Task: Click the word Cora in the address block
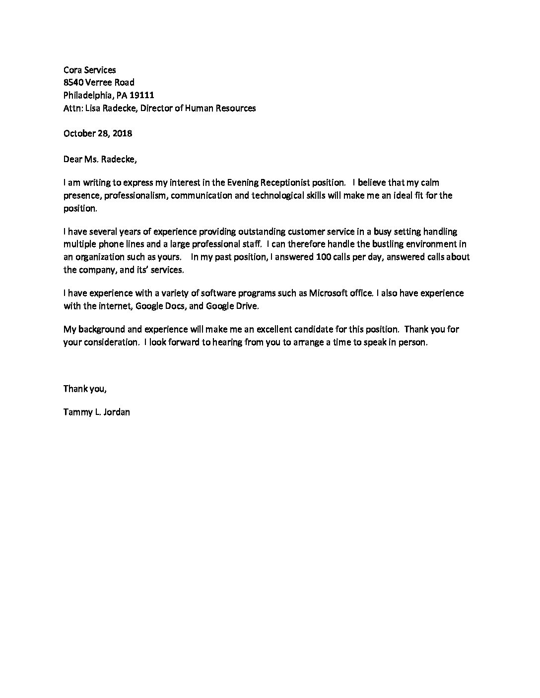click(73, 70)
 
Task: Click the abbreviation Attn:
click(73, 108)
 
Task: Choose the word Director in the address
click(156, 108)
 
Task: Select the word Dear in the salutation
click(73, 159)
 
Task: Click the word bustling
click(380, 244)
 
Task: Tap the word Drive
click(247, 306)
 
